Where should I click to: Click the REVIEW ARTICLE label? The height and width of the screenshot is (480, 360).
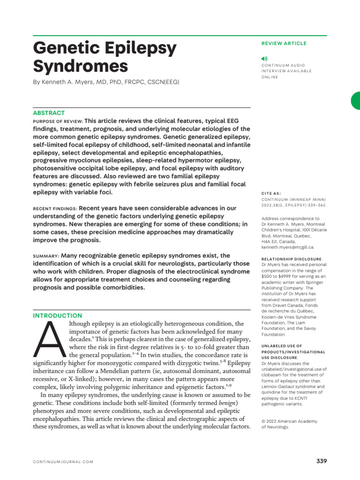(x=284, y=43)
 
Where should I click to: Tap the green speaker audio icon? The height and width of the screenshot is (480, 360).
(x=264, y=58)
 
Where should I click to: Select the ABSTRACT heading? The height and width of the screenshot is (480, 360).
(x=49, y=113)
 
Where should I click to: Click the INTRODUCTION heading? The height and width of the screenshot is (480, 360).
(x=57, y=315)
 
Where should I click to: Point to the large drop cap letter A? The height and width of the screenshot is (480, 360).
(x=49, y=340)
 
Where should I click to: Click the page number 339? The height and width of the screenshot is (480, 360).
(x=322, y=461)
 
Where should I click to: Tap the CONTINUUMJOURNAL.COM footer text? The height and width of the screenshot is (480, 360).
(x=63, y=462)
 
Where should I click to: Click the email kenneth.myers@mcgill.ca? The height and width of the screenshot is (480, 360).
(x=287, y=247)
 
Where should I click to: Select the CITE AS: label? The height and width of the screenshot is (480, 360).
(x=271, y=193)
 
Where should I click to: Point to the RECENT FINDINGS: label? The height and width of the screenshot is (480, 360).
(x=55, y=208)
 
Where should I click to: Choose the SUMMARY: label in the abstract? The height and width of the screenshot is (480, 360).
(x=46, y=256)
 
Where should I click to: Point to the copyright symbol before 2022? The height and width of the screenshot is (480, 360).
(x=263, y=421)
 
